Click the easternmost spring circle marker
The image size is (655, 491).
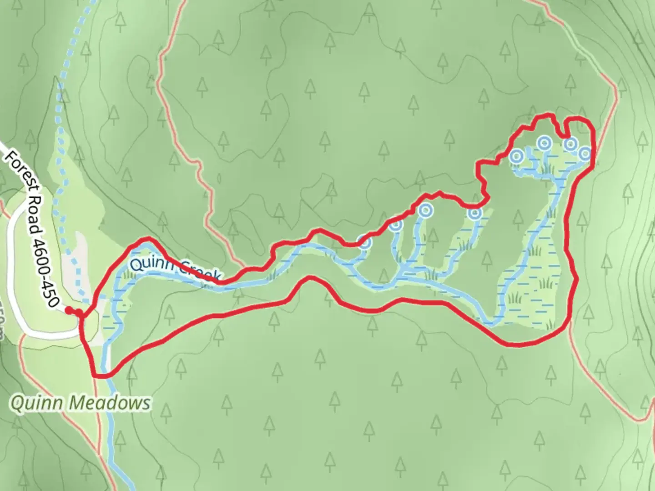pos(584,154)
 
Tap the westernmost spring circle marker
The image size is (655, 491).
pos(364,243)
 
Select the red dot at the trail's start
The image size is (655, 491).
pos(68,311)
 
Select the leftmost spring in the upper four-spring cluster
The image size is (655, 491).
pos(516,157)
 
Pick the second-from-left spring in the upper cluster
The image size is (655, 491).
pos(544,143)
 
